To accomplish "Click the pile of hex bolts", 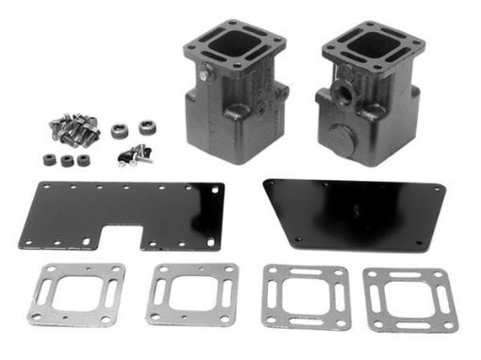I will tap(75, 130).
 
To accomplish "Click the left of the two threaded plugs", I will tap(120, 131).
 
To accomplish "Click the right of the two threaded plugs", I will tap(147, 126).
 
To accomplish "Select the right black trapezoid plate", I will tap(354, 212).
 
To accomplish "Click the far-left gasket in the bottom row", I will tap(78, 293).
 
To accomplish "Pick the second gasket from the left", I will tap(191, 292).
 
